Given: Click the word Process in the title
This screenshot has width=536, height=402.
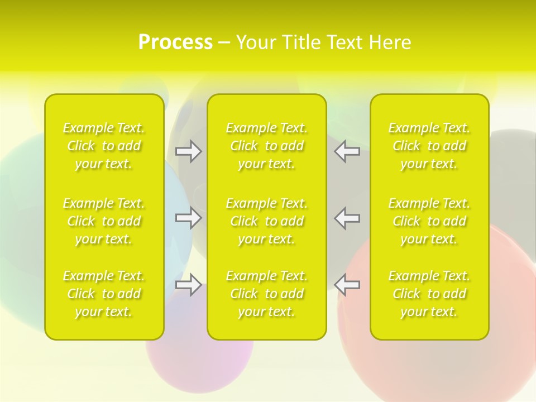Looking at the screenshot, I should point(175,42).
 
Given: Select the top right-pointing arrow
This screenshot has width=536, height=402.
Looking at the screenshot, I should point(188,151).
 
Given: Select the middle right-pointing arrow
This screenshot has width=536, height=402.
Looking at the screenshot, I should point(188,218).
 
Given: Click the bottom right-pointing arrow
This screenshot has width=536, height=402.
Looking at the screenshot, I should point(188,285).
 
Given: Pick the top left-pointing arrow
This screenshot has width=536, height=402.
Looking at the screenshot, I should point(347,151).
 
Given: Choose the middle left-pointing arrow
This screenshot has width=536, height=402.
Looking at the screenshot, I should point(347,218).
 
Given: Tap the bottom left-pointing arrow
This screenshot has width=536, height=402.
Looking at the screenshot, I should point(347,285).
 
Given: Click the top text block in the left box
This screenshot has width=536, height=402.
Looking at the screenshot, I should point(104,146).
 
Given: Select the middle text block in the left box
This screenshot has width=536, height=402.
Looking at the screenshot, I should point(104,221).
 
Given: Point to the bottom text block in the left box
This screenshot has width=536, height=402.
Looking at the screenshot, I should point(104,294).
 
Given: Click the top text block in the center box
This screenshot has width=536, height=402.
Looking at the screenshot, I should point(267,146).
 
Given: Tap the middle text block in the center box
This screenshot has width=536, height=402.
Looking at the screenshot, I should point(267,221).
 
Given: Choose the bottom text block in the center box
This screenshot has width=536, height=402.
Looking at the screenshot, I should point(267,294).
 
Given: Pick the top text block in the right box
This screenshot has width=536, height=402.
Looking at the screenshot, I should point(429,146).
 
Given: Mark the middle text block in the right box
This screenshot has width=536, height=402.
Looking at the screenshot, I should point(429,221).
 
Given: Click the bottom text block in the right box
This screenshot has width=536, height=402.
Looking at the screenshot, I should point(429,294).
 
